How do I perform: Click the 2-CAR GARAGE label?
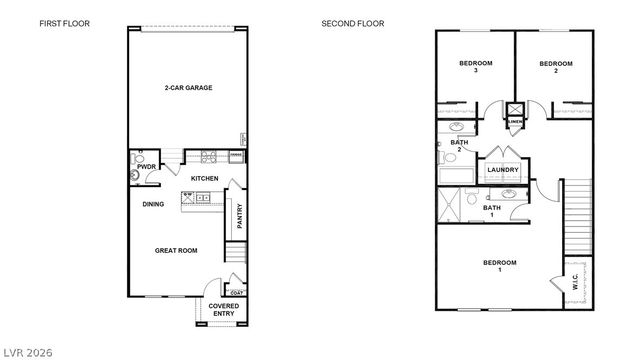pyautogui.click(x=188, y=88)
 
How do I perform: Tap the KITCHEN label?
pyautogui.click(x=205, y=178)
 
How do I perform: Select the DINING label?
pyautogui.click(x=153, y=204)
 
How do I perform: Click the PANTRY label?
pyautogui.click(x=239, y=216)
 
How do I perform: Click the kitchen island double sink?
pyautogui.click(x=201, y=198)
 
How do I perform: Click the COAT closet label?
pyautogui.click(x=237, y=292)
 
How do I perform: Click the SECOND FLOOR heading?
pyautogui.click(x=352, y=23)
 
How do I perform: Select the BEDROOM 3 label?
pyautogui.click(x=475, y=67)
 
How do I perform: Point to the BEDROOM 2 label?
pyautogui.click(x=556, y=67)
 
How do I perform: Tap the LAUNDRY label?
pyautogui.click(x=502, y=170)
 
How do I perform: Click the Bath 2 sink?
pyautogui.click(x=457, y=128)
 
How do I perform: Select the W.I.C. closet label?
pyautogui.click(x=574, y=284)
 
